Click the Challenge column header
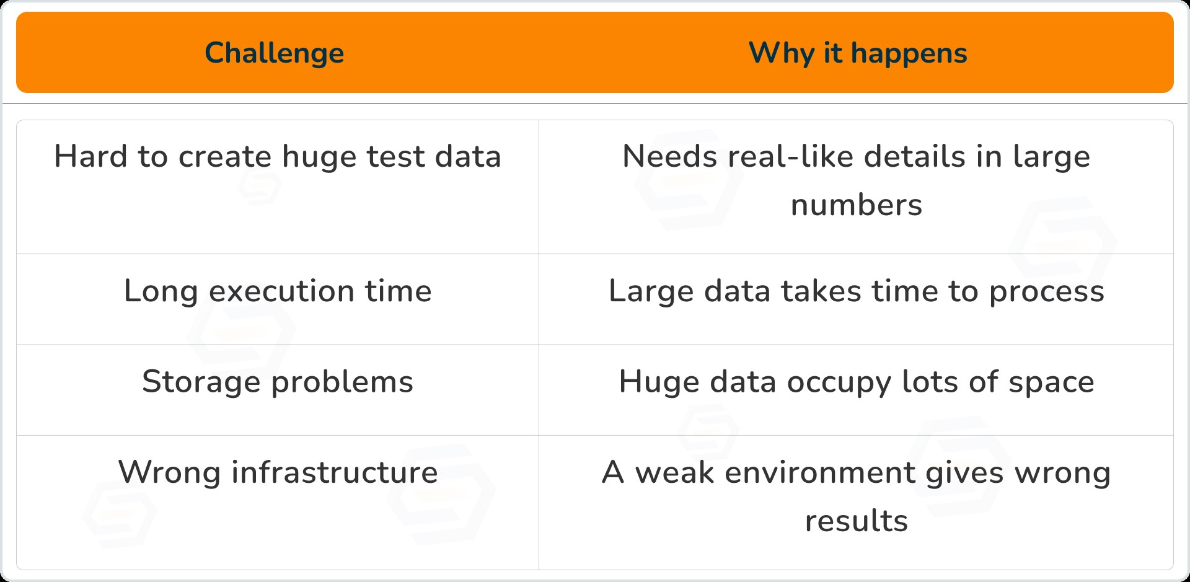274,53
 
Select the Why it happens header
857,53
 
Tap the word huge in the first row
319,157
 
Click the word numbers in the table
856,205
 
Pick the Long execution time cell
278,291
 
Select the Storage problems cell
278,382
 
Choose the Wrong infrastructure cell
278,472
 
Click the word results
856,521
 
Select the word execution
281,291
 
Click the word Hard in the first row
90,156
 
